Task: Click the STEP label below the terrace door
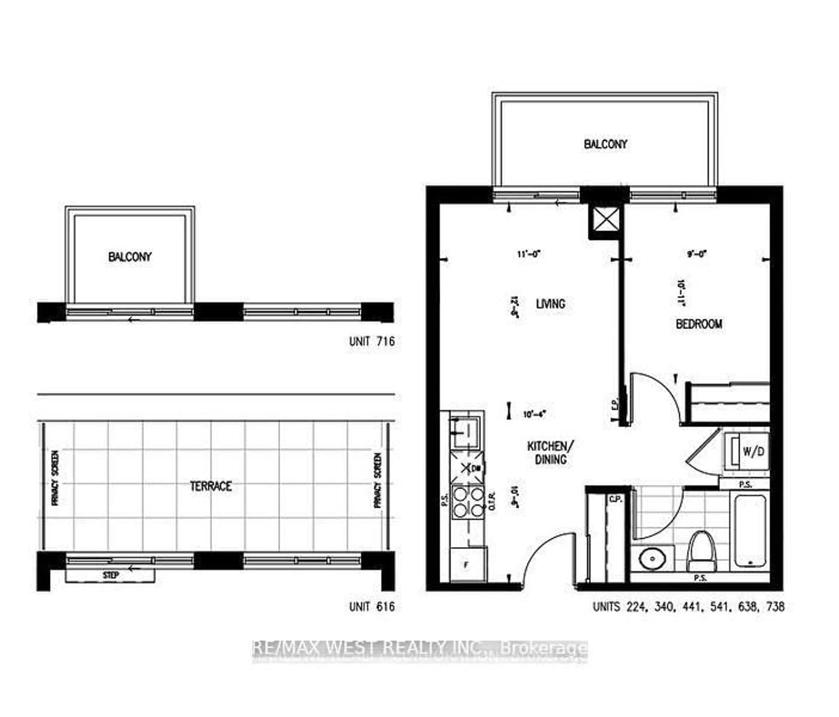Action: coord(111,575)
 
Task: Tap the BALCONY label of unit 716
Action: coord(130,257)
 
